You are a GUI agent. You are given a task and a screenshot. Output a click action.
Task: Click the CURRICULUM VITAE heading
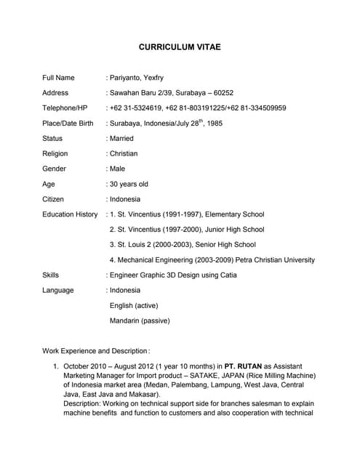[x=180, y=47]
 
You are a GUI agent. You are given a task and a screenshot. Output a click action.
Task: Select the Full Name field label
[x=58, y=78]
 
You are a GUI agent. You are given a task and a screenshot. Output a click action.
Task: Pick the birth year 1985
[x=214, y=124]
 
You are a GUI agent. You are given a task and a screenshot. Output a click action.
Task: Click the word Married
[x=121, y=138]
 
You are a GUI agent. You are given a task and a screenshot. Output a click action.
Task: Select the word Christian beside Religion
[x=123, y=153]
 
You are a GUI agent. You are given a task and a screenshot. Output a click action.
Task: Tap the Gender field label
[x=54, y=169]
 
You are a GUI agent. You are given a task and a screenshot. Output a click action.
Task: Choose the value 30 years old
[x=129, y=184]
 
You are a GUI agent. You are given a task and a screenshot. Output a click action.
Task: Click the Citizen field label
[x=53, y=199]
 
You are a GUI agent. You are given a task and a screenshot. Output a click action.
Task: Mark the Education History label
[x=70, y=214]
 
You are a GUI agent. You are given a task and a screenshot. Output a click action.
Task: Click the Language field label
[x=58, y=291]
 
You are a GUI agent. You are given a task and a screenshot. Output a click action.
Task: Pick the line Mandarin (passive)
[x=140, y=320]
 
